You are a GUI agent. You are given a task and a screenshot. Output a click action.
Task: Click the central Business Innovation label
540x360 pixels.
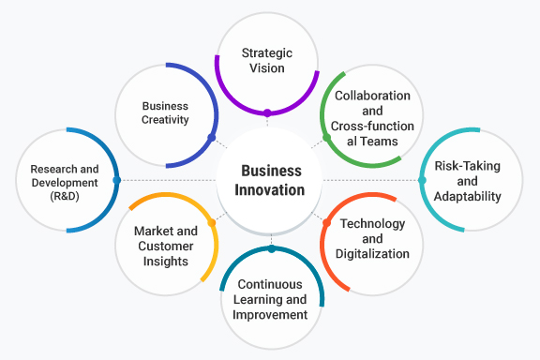272,180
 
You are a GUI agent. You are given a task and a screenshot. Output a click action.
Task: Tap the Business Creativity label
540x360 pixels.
165,112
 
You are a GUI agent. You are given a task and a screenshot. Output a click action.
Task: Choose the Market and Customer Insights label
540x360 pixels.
166,246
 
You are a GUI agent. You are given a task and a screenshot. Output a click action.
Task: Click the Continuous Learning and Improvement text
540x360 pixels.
271,299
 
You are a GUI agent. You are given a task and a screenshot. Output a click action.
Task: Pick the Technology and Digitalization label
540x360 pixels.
373,239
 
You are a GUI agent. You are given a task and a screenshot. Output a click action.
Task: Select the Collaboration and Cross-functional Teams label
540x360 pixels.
372,118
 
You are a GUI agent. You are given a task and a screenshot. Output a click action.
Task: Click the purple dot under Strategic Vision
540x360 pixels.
267,113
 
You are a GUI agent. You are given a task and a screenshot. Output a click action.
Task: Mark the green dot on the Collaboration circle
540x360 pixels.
326,138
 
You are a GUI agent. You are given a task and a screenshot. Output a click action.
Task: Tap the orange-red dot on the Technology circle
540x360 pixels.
325,222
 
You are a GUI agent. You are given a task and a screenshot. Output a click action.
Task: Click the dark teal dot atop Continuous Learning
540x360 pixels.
272,248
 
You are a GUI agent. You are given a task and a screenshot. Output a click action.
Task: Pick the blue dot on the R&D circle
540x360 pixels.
116,179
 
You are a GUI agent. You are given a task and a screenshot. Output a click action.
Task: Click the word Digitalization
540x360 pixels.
374,253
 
